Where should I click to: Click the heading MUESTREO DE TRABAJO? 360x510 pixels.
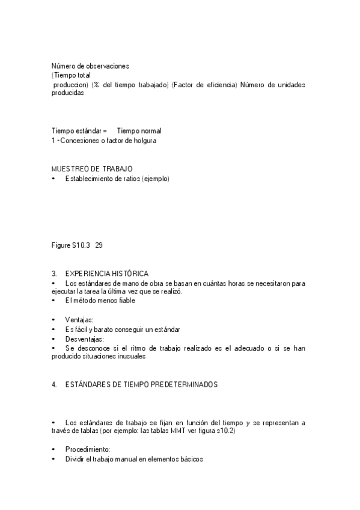point(92,168)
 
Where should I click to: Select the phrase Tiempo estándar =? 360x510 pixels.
point(79,131)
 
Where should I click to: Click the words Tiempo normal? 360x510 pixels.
point(139,131)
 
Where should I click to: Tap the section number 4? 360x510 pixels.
point(55,384)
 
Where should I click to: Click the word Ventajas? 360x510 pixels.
point(79,320)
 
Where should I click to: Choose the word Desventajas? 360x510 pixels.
point(85,339)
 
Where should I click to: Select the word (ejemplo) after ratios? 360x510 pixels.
point(156,178)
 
